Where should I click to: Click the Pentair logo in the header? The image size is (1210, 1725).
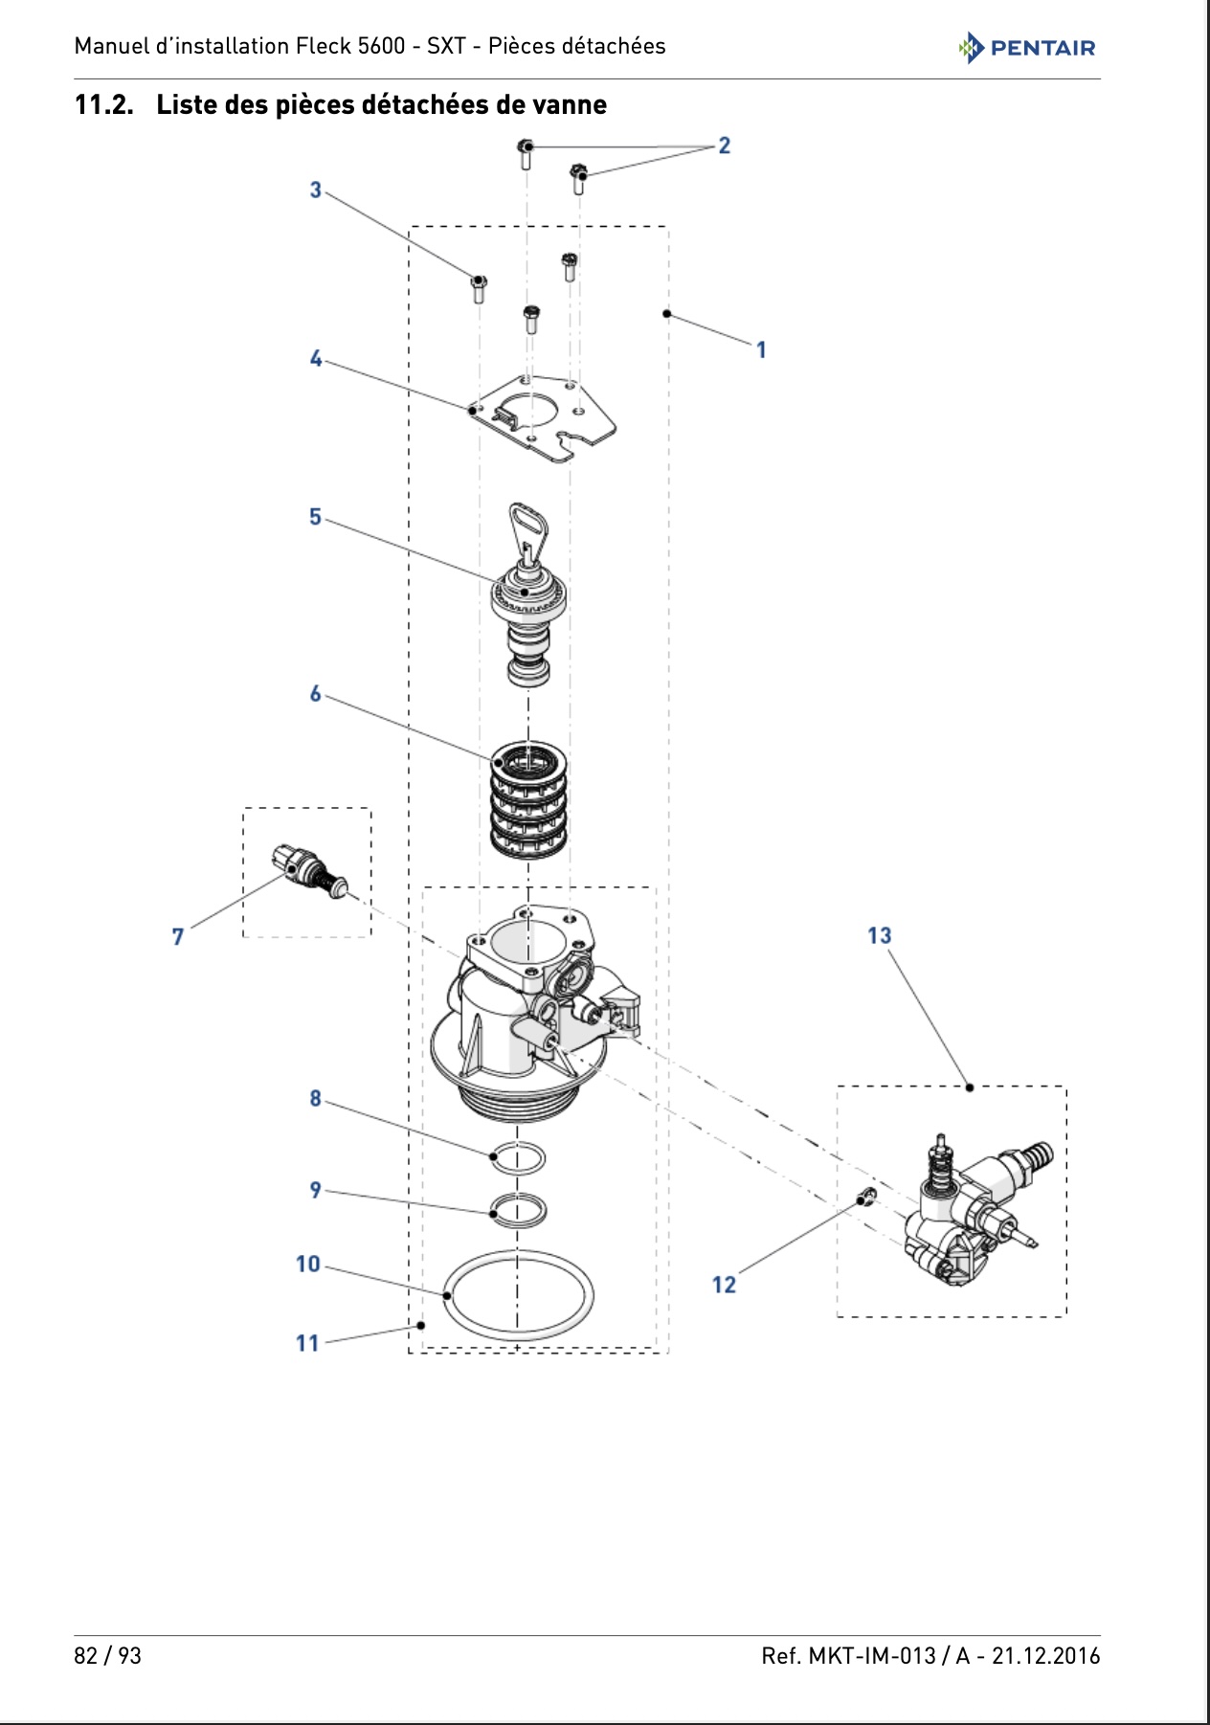pos(1026,47)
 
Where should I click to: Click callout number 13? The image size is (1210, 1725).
pos(879,935)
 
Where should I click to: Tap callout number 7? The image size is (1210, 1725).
pos(177,937)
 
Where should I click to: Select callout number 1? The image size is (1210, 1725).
pos(761,350)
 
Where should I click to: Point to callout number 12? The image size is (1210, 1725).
pos(724,1285)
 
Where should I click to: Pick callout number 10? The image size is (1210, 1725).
pos(307,1265)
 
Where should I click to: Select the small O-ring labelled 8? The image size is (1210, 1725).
pos(518,1158)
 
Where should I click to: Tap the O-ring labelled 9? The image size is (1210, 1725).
pos(518,1210)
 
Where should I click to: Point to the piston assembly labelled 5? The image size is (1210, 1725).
pos(528,594)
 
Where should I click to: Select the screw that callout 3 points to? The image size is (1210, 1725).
pos(479,287)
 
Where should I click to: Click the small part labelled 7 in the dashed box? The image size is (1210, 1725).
pos(309,869)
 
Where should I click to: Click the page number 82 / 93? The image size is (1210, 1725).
pos(107,1656)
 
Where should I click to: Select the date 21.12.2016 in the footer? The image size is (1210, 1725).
pos(1045,1656)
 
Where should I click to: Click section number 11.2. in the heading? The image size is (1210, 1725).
pos(103,104)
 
